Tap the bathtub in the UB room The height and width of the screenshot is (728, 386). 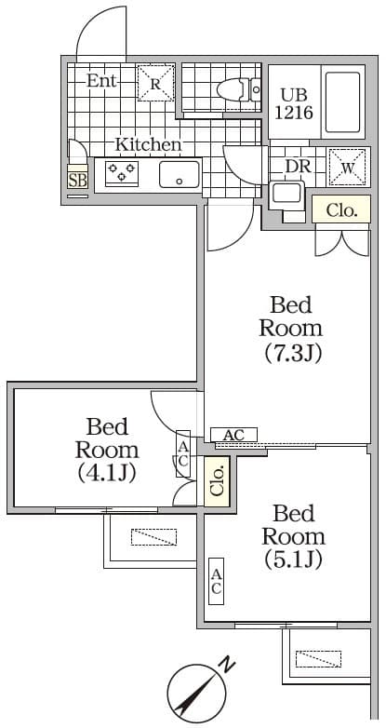click(343, 102)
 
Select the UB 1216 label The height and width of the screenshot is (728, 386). click(294, 104)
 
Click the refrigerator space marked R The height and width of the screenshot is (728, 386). click(156, 83)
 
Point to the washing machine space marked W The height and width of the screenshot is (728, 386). click(348, 168)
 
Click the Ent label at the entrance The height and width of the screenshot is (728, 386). click(101, 81)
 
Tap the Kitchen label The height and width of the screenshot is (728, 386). click(148, 144)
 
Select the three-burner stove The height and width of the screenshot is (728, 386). click(122, 172)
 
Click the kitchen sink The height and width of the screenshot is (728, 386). click(180, 175)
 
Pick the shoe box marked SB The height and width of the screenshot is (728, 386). click(77, 180)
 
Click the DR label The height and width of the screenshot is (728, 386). click(298, 167)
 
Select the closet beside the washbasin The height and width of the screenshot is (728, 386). click(341, 209)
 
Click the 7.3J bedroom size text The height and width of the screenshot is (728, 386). click(292, 355)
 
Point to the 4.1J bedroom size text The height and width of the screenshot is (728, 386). click(107, 473)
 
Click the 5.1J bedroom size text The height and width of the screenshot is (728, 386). click(293, 559)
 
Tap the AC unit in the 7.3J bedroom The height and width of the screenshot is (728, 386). click(233, 435)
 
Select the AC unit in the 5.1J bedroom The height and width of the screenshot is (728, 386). click(216, 581)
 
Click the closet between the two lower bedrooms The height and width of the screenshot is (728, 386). click(217, 481)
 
